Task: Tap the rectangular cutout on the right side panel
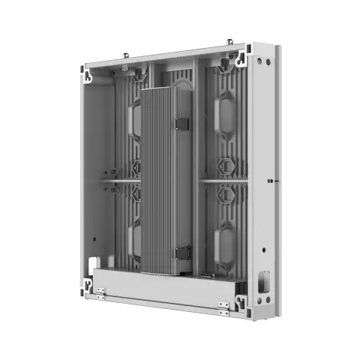click(263, 283)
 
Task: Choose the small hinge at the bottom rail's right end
click(223, 305)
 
